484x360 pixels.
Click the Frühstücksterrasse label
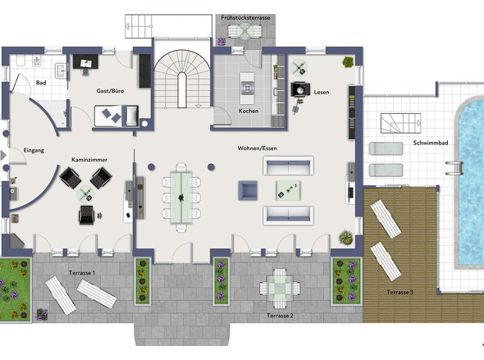(245, 18)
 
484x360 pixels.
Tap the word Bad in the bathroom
(41, 83)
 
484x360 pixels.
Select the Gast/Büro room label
(110, 91)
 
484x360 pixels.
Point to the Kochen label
(249, 111)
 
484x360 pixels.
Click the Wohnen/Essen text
(257, 148)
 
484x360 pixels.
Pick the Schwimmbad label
(431, 143)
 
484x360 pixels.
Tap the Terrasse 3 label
(400, 292)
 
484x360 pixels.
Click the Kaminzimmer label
(89, 160)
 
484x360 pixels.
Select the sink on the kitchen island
(247, 88)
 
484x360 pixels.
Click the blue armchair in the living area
(248, 190)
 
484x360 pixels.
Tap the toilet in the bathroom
(21, 61)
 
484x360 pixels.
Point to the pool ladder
(454, 168)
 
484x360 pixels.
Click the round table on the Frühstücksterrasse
(245, 31)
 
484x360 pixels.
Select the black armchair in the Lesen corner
(300, 89)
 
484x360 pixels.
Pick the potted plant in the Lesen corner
(348, 62)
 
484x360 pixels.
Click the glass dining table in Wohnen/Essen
(181, 197)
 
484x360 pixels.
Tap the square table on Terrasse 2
(280, 289)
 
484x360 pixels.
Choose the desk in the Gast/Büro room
(86, 62)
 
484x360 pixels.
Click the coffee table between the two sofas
(288, 190)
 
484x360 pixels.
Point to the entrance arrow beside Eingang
(3, 156)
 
